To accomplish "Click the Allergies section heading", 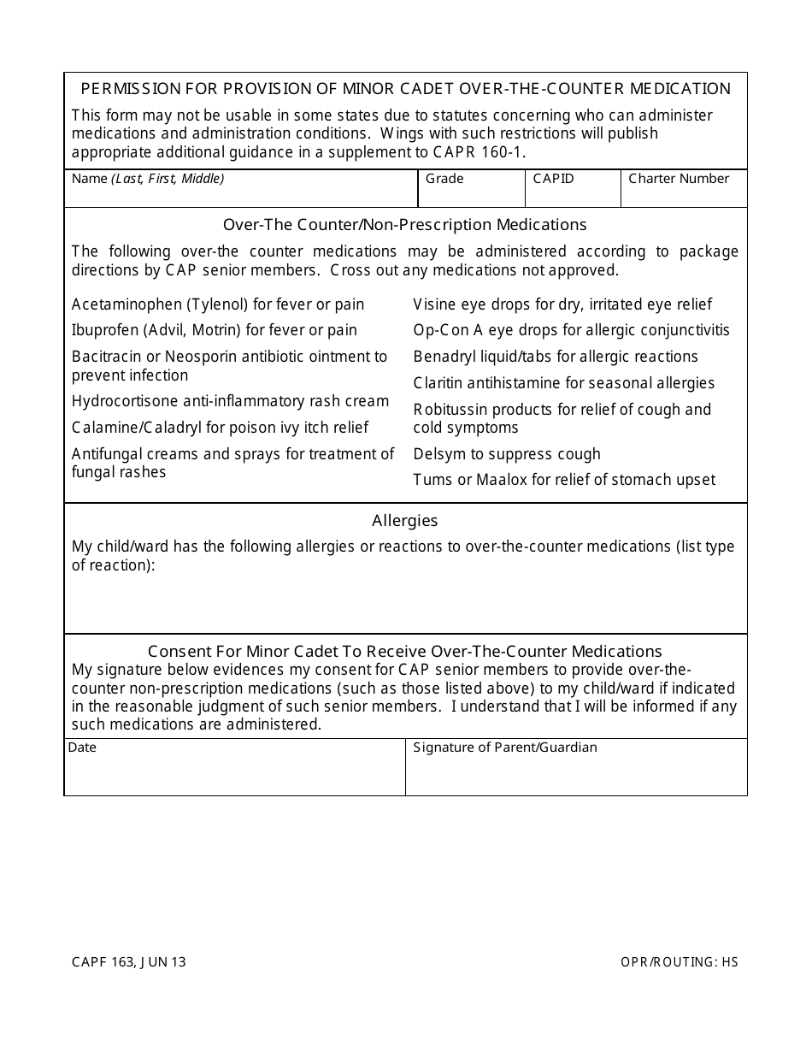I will (x=405, y=520).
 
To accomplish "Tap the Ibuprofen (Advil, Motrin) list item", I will (x=215, y=330).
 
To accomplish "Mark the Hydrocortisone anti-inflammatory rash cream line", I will (x=231, y=401).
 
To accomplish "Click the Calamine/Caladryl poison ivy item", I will (x=221, y=428).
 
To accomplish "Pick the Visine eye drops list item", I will (x=562, y=304).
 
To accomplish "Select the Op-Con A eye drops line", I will (x=572, y=330).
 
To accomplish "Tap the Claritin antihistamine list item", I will (x=564, y=383).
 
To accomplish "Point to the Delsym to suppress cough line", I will (x=507, y=454).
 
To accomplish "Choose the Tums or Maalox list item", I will (x=564, y=480).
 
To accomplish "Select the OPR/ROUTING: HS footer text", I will (x=680, y=962).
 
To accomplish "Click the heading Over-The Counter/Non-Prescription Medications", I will (x=405, y=225).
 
